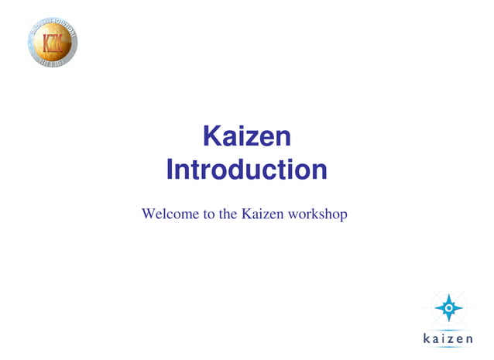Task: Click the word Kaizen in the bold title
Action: [x=246, y=137]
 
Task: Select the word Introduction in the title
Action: [x=246, y=170]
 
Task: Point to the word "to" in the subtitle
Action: [x=209, y=213]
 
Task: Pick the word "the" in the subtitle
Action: [x=228, y=213]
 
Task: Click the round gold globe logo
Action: [x=53, y=41]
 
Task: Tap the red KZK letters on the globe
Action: [x=53, y=42]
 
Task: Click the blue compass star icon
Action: [x=449, y=308]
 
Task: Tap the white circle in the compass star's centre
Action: [x=449, y=308]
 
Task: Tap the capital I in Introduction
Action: [x=170, y=170]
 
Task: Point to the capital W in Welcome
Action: [x=149, y=213]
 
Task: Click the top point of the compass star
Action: [x=449, y=295]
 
